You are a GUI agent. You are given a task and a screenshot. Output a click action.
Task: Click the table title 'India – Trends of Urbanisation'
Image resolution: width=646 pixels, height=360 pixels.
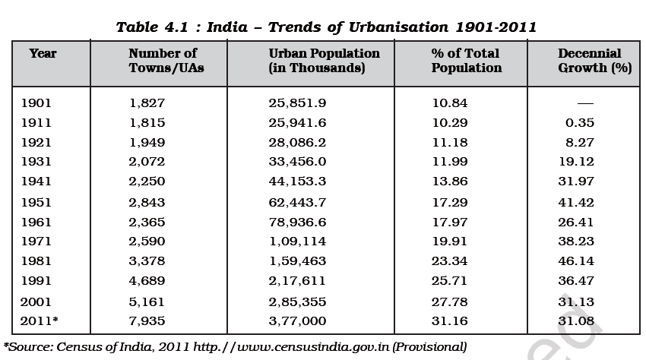[326, 27]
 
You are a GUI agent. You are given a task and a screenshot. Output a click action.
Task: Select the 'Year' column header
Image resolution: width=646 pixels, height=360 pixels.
[43, 54]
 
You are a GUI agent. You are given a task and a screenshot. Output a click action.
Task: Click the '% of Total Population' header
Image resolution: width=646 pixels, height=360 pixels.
[467, 61]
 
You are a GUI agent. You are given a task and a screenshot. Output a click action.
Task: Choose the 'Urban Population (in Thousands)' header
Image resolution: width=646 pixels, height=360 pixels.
[324, 61]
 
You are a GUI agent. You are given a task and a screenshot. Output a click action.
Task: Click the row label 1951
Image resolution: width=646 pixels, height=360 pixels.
[36, 202]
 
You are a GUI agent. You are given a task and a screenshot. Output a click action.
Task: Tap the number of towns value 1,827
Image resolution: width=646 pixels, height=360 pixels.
[147, 103]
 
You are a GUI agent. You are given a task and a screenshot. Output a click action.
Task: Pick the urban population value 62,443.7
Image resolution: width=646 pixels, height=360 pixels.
[297, 202]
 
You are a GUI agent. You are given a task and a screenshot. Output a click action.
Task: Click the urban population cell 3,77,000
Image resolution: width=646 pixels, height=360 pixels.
[297, 321]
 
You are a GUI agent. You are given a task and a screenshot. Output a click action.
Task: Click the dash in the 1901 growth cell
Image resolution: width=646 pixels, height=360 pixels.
[585, 103]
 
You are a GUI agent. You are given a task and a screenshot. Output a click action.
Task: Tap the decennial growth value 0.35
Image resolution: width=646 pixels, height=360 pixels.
[580, 123]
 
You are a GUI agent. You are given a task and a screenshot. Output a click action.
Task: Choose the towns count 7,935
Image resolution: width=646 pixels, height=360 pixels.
[147, 321]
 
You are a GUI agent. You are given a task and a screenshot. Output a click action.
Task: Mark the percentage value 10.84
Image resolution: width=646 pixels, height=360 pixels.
[449, 103]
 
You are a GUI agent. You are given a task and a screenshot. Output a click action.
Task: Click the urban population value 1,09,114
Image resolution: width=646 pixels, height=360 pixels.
[297, 242]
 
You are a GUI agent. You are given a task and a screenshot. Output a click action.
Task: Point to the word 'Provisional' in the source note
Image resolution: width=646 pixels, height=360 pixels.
[429, 347]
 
